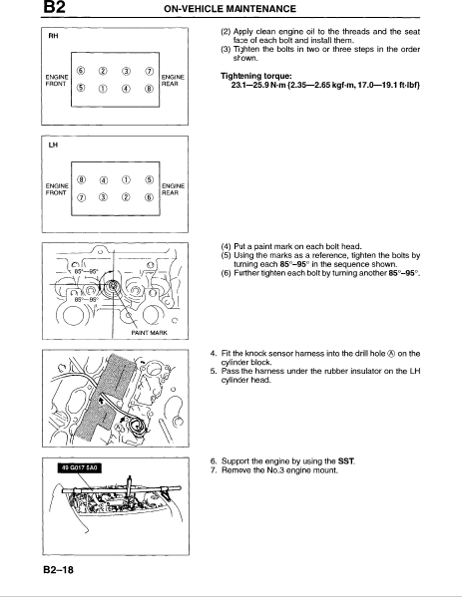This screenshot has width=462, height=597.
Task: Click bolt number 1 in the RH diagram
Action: coord(103,89)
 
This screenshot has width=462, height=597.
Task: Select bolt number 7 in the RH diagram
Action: coord(150,71)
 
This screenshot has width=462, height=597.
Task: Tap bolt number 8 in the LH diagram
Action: coord(81,180)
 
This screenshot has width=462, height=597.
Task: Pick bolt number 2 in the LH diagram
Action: coord(126,197)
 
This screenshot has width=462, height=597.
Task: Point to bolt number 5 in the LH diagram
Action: coord(150,180)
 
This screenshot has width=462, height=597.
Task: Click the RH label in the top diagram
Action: coord(53,36)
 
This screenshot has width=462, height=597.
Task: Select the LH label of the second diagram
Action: coord(53,146)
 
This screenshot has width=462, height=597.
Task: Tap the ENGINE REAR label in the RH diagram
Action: coord(173,81)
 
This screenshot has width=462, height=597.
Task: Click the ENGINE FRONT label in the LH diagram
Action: coord(57,189)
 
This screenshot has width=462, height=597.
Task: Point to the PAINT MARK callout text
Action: coord(149,332)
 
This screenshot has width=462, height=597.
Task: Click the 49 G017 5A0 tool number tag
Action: coord(80,467)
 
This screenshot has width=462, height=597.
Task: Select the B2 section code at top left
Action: coord(54,7)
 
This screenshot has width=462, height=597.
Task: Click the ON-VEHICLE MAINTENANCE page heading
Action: coord(230,9)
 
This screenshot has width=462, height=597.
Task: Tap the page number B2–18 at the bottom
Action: coord(58,570)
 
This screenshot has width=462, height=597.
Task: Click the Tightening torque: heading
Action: coord(256,76)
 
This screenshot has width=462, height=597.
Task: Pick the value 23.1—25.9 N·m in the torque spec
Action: coord(258,85)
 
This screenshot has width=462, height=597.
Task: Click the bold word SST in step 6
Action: coord(345,461)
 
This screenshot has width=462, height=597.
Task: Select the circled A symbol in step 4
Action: coord(391,354)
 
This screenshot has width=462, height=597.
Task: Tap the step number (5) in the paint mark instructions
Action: coord(226,255)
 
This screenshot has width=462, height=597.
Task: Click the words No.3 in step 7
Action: coord(275,470)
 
